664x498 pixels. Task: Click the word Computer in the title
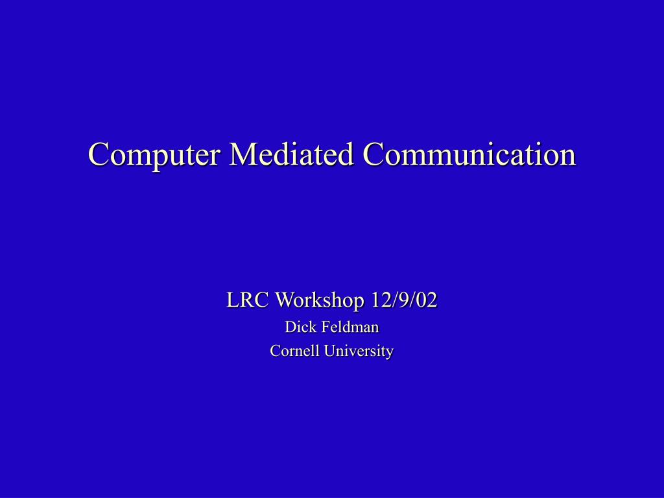pos(153,154)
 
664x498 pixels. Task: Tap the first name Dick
pos(300,327)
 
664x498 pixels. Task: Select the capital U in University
pos(329,351)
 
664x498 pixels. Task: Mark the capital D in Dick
pos(290,327)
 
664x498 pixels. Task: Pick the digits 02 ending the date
pos(429,300)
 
